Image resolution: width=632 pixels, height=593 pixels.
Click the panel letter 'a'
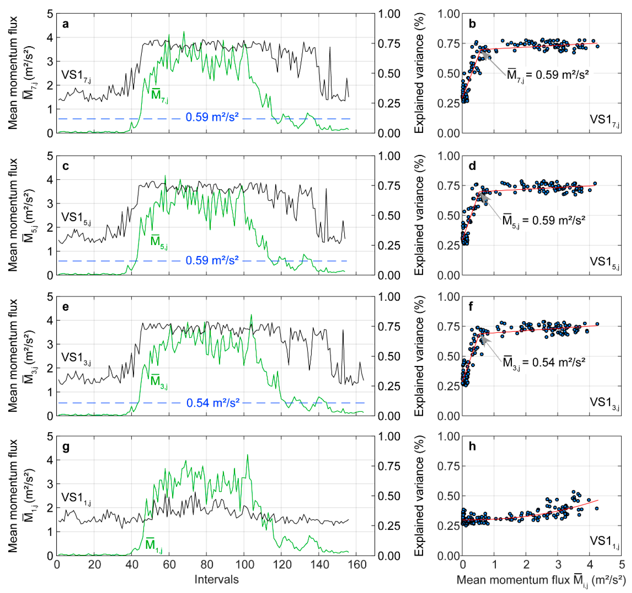pos(66,24)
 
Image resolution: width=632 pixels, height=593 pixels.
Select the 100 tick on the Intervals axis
pos(245,565)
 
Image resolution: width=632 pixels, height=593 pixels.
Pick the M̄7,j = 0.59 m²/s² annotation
pos(547,75)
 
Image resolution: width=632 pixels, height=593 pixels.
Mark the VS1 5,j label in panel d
pos(604,262)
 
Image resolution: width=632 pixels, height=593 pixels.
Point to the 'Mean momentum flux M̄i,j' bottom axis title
pos(540,580)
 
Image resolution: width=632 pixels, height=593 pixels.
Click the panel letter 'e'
pos(66,307)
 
